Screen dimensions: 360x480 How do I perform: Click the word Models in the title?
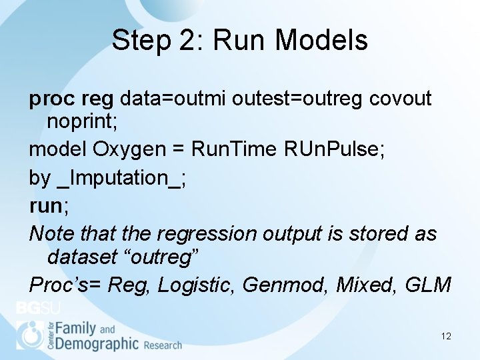click(x=321, y=40)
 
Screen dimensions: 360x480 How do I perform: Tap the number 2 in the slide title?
click(x=189, y=40)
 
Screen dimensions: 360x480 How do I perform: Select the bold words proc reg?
click(x=71, y=99)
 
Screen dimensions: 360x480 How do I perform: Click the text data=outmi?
click(x=175, y=99)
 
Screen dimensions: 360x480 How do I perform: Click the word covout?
click(x=401, y=99)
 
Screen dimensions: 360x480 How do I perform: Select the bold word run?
click(x=45, y=205)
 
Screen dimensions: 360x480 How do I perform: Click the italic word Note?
click(x=51, y=233)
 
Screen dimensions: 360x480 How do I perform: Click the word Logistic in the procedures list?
click(x=196, y=285)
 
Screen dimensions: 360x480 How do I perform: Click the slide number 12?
click(x=446, y=336)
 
